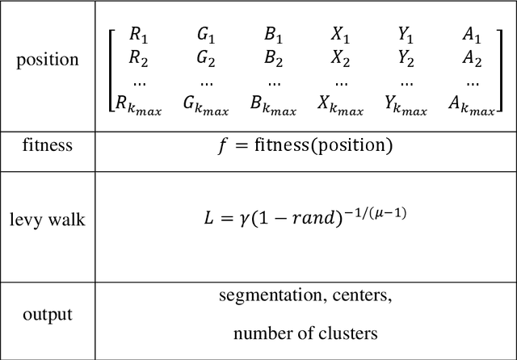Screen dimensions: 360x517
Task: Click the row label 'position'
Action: pyautogui.click(x=48, y=61)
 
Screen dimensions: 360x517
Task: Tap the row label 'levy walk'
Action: pyautogui.click(x=48, y=219)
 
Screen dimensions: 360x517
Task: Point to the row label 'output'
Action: pyautogui.click(x=48, y=314)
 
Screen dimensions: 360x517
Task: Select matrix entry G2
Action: pyautogui.click(x=205, y=57)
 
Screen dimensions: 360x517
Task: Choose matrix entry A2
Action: pyautogui.click(x=473, y=57)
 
